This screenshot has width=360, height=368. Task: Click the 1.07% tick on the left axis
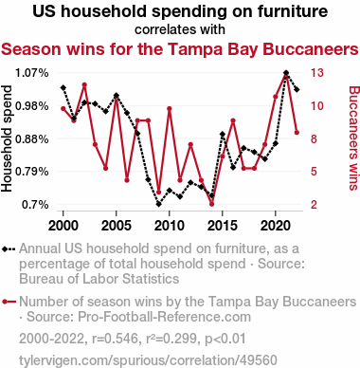coord(32,73)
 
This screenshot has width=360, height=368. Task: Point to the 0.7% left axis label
coord(35,205)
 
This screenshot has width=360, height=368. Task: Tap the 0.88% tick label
coord(32,138)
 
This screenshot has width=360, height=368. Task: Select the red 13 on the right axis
coord(317,73)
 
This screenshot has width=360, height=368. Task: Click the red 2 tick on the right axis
coord(314,205)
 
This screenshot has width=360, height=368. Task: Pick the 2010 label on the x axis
coord(170,226)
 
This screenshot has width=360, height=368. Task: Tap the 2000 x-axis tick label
coord(63,226)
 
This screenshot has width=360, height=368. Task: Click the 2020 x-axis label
coord(276,226)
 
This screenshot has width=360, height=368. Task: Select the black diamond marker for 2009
coord(159,204)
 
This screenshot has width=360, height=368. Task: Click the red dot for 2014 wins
coord(212,204)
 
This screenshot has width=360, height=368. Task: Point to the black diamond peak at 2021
coord(286,73)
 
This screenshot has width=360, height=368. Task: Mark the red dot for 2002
coord(84,84)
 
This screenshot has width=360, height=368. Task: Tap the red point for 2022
coord(297,133)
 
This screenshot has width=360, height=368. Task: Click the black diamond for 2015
coord(223,135)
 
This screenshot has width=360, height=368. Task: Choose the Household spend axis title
coord(7,138)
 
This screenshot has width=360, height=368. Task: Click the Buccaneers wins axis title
coord(353,138)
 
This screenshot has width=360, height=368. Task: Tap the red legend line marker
coord(9,302)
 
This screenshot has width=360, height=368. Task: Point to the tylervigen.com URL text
coord(148,360)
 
